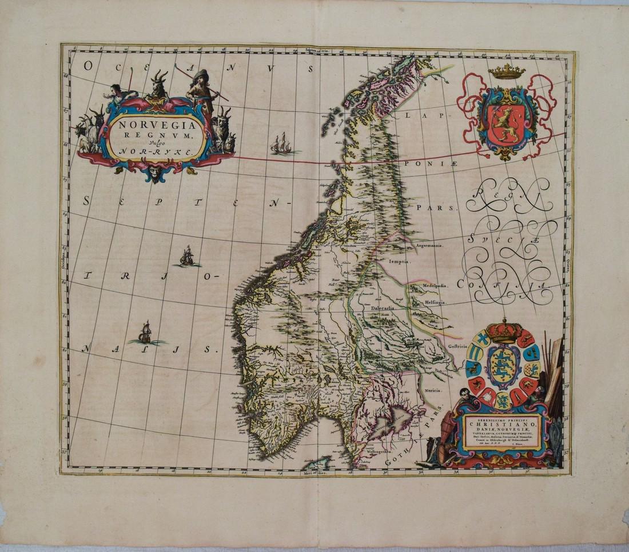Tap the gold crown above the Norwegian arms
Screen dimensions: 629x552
507,71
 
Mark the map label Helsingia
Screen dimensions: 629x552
435,302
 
